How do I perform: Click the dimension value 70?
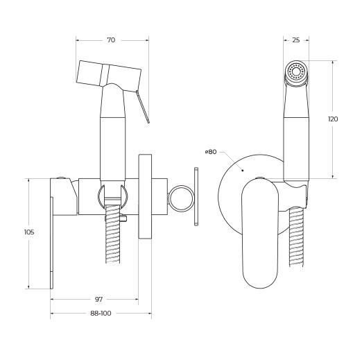pos(111,40)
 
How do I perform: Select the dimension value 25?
pos(296,40)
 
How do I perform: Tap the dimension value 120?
pos(333,119)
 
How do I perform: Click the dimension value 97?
pos(98,299)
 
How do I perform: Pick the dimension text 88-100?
pos(101,314)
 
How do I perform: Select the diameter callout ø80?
pos(211,152)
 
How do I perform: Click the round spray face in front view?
pos(297,71)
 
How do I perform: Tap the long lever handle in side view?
pos(52,236)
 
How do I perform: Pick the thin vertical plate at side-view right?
pos(196,197)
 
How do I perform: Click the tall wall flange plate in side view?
pos(146,196)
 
